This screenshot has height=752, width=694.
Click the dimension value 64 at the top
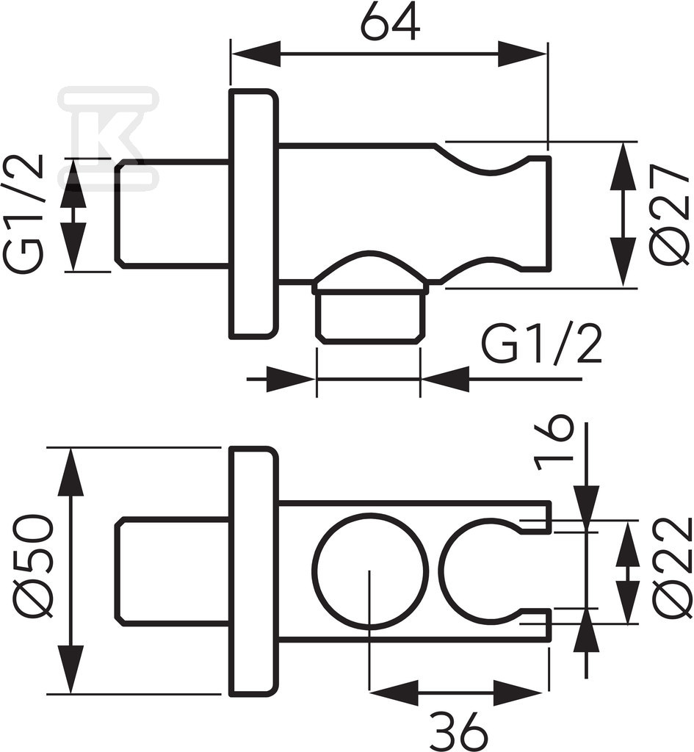tap(391, 22)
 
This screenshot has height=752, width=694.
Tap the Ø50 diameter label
tap(31, 565)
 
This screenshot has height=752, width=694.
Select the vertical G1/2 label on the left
tap(24, 214)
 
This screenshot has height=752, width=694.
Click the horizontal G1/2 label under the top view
tap(542, 344)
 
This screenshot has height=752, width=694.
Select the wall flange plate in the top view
tap(253, 214)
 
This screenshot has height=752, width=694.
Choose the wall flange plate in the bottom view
tap(253, 571)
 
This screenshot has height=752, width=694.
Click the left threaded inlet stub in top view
tap(172, 214)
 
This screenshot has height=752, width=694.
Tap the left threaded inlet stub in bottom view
tap(172, 571)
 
